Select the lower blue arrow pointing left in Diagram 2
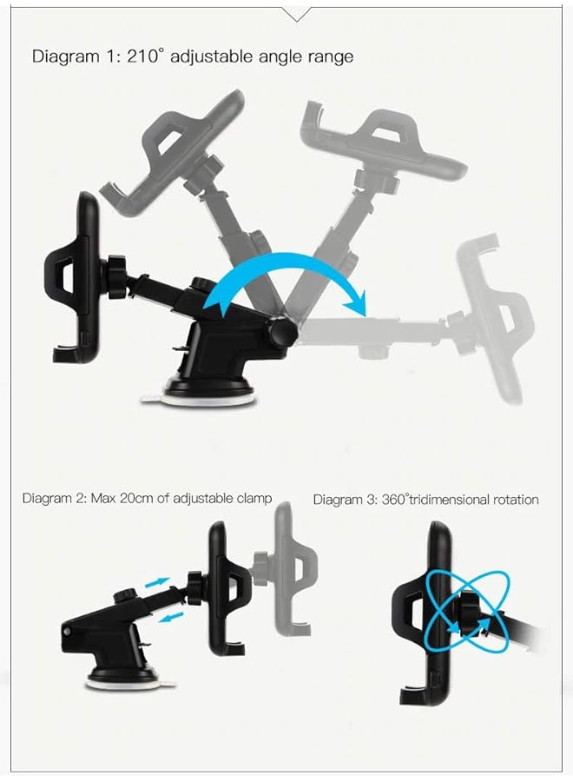(x=173, y=617)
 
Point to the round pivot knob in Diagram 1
(x=280, y=333)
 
